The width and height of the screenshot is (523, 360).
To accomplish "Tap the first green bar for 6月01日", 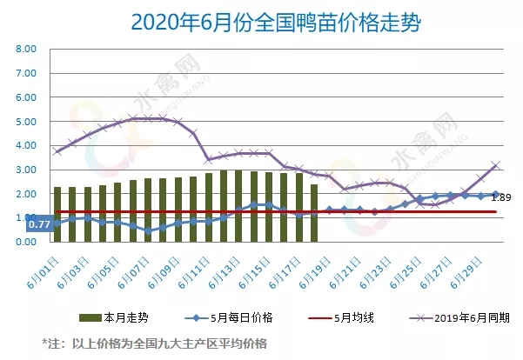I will [x=57, y=214].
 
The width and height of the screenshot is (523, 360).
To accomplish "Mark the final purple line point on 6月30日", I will [x=495, y=164].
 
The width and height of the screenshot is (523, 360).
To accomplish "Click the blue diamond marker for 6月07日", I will [x=148, y=231].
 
